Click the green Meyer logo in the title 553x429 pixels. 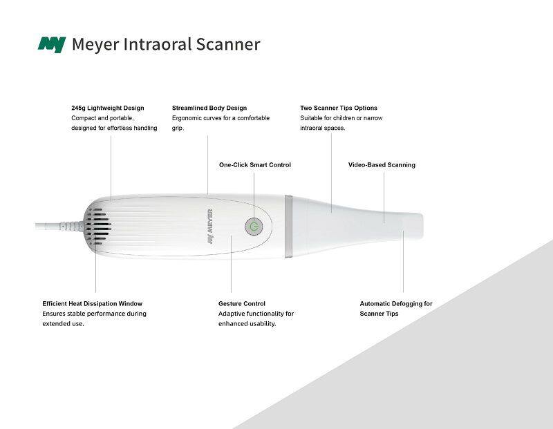coord(52,44)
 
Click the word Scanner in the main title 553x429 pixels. coord(228,44)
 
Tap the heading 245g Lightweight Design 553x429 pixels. coord(108,108)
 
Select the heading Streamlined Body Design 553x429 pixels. coord(209,108)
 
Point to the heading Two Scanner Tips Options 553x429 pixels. coord(339,108)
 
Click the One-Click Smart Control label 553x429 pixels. coord(255,165)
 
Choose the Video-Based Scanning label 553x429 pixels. coord(382,165)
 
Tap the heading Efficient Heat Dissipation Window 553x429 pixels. coord(93,303)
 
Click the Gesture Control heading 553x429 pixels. coord(241,303)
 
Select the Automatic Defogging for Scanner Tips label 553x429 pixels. coord(395,308)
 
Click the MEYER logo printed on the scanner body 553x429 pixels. coord(210,227)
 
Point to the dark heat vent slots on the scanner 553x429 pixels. coord(97,227)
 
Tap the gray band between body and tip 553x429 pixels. coord(288,227)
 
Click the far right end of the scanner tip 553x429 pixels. coord(422,225)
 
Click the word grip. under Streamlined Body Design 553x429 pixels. coord(178,128)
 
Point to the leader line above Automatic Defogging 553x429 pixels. coord(403,262)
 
